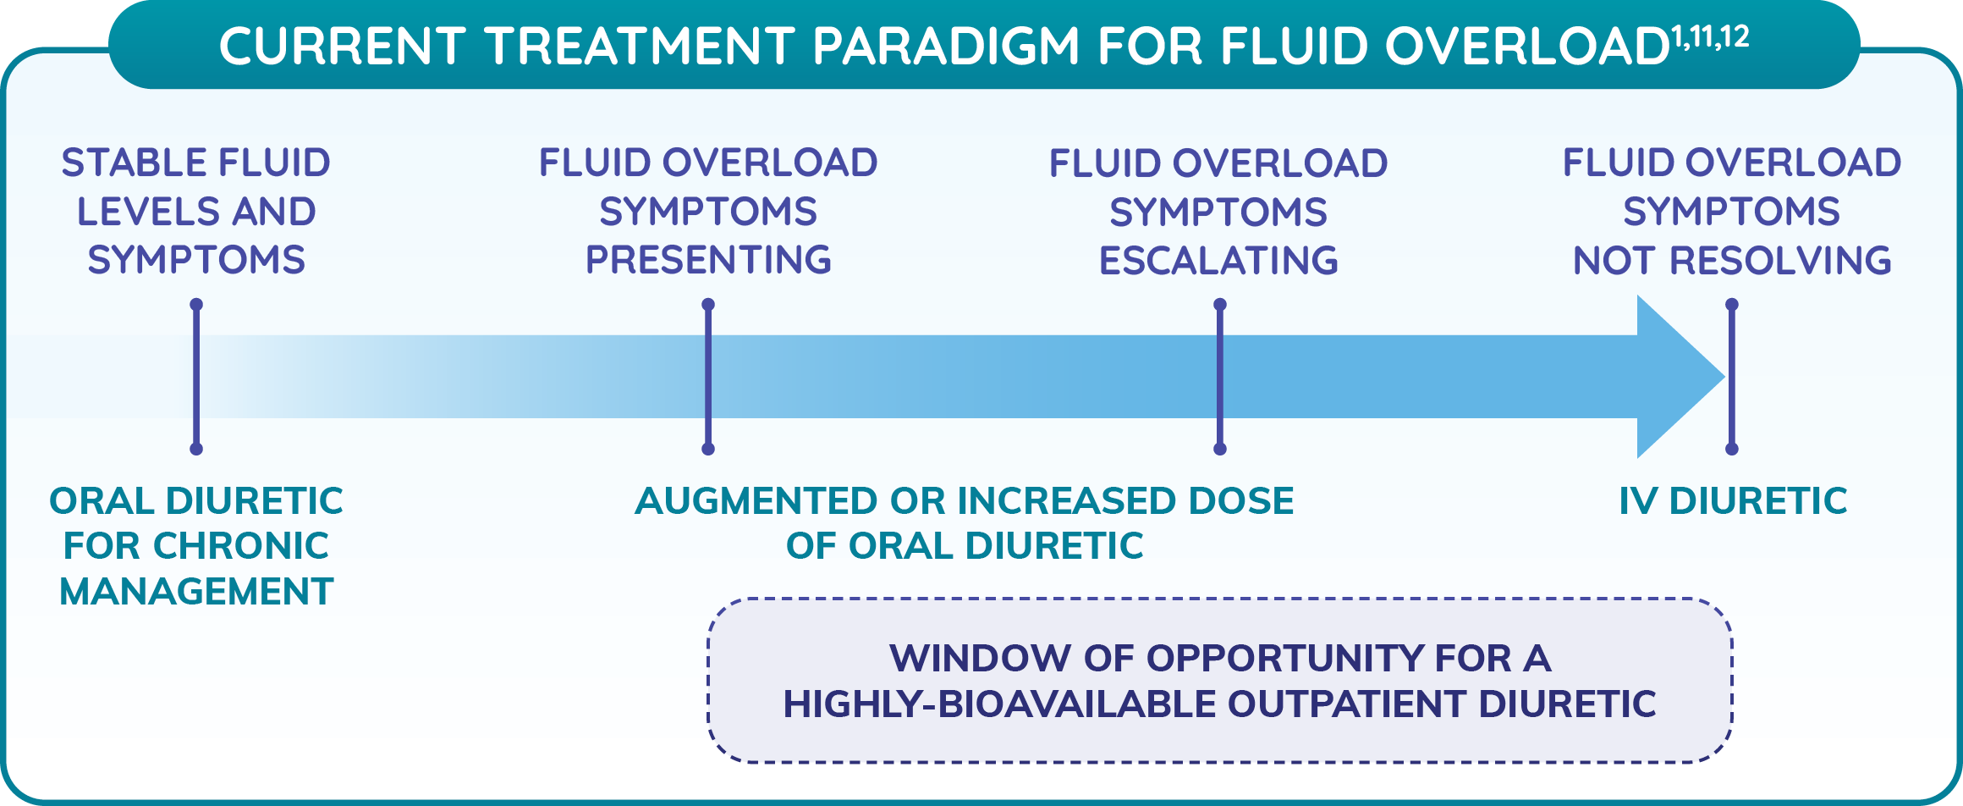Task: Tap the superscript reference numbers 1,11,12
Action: tap(1710, 36)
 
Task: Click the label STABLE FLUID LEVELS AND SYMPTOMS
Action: tap(196, 211)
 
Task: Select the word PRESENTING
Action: tap(708, 260)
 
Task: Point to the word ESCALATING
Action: tap(1218, 260)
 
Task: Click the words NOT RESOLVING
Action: tap(1731, 260)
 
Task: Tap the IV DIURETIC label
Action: tap(1733, 500)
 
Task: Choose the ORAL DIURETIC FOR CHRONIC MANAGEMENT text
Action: tap(196, 546)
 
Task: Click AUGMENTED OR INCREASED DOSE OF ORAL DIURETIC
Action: tap(965, 523)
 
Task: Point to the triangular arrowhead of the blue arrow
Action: tap(1680, 377)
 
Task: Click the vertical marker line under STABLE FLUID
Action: tap(196, 377)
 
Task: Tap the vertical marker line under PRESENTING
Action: tap(708, 377)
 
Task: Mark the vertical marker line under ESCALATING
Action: tap(1219, 377)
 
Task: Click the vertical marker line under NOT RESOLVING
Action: tap(1732, 377)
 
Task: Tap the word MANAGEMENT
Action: tap(196, 591)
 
